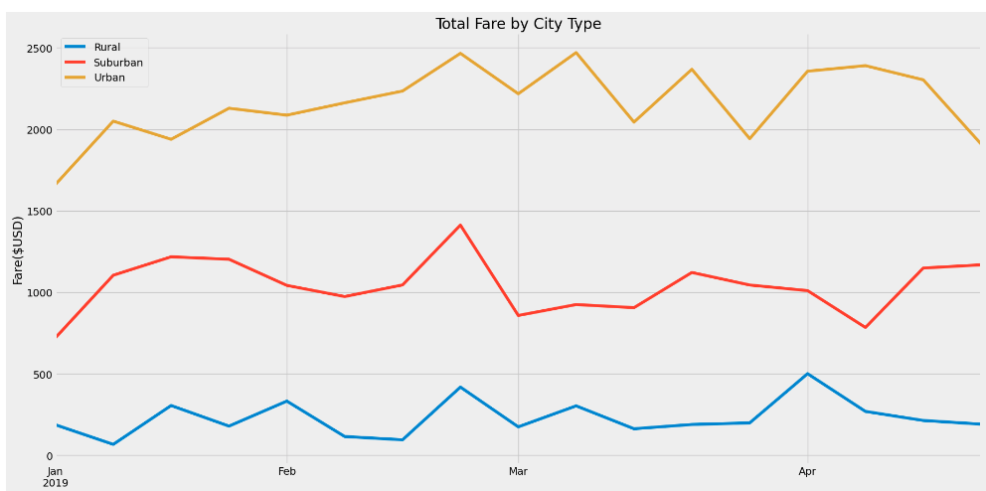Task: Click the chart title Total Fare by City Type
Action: [518, 24]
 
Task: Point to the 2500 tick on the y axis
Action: [40, 49]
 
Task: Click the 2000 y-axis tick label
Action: [40, 130]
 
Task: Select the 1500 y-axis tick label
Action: [40, 212]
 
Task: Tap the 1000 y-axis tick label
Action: [40, 293]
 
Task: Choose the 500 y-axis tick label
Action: [43, 375]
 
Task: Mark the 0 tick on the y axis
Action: [49, 456]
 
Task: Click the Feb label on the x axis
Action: [286, 471]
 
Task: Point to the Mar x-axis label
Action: [517, 471]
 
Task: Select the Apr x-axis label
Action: [807, 471]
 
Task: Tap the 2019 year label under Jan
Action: [56, 483]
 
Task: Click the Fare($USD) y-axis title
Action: [18, 250]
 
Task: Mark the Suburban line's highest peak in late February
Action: [460, 225]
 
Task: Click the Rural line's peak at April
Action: [807, 374]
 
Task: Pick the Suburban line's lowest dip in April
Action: [865, 327]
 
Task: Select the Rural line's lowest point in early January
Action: [113, 444]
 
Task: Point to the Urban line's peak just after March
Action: [575, 53]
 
